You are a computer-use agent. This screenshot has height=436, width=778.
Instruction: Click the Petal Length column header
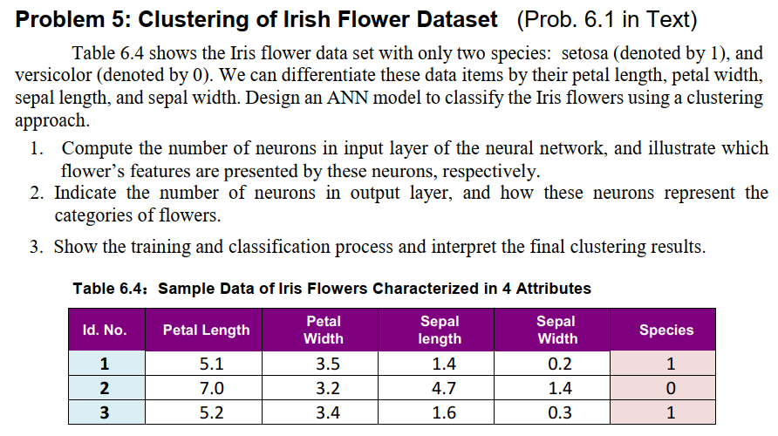(206, 330)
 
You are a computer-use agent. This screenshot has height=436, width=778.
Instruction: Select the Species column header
(665, 330)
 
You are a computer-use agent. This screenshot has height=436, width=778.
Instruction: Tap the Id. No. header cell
(104, 330)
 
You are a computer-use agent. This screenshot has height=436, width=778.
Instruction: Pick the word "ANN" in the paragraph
(344, 97)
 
